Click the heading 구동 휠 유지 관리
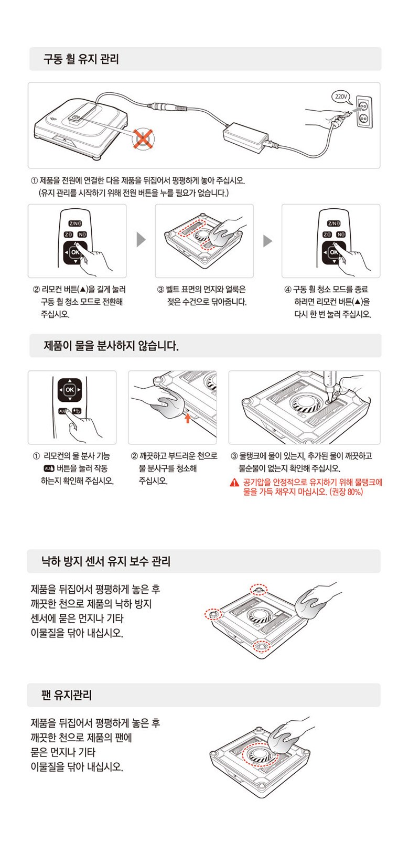(81, 59)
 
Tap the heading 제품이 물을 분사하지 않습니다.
(111, 346)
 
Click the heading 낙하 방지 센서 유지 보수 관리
(105, 561)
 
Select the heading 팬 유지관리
(66, 695)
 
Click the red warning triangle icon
(234, 482)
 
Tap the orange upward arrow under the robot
(188, 418)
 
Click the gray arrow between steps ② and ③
(141, 240)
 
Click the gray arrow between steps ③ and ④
(267, 241)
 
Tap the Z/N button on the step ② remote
(76, 223)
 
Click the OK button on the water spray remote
(69, 390)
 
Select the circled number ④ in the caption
(287, 289)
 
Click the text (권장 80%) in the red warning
(346, 492)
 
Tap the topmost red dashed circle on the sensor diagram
(259, 589)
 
